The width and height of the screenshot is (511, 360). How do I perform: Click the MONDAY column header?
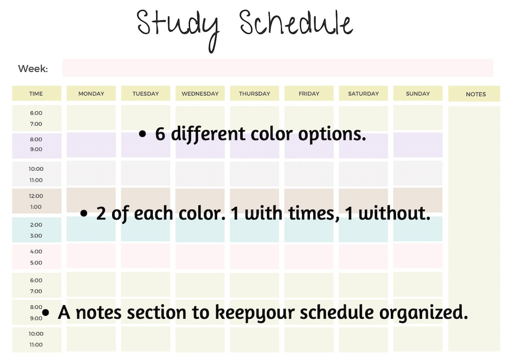pos(91,94)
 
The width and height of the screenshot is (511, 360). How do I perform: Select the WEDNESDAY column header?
pos(200,94)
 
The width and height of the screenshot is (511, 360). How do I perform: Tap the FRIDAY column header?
pos(309,94)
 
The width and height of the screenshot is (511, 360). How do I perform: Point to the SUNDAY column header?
pos(418,94)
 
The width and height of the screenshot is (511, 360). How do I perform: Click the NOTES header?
pos(476,94)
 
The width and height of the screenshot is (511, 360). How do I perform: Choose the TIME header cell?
pos(36,94)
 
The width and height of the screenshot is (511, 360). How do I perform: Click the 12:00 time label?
pos(36,196)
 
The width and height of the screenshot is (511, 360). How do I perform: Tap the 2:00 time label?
pos(36,225)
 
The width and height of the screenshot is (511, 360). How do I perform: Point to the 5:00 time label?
pos(36,263)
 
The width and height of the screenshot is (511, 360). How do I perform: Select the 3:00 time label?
pos(36,236)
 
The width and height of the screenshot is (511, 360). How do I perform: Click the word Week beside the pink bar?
pos(33,69)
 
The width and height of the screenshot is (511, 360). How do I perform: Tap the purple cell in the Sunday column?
pos(418,145)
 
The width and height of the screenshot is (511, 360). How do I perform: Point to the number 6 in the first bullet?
pos(160,134)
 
